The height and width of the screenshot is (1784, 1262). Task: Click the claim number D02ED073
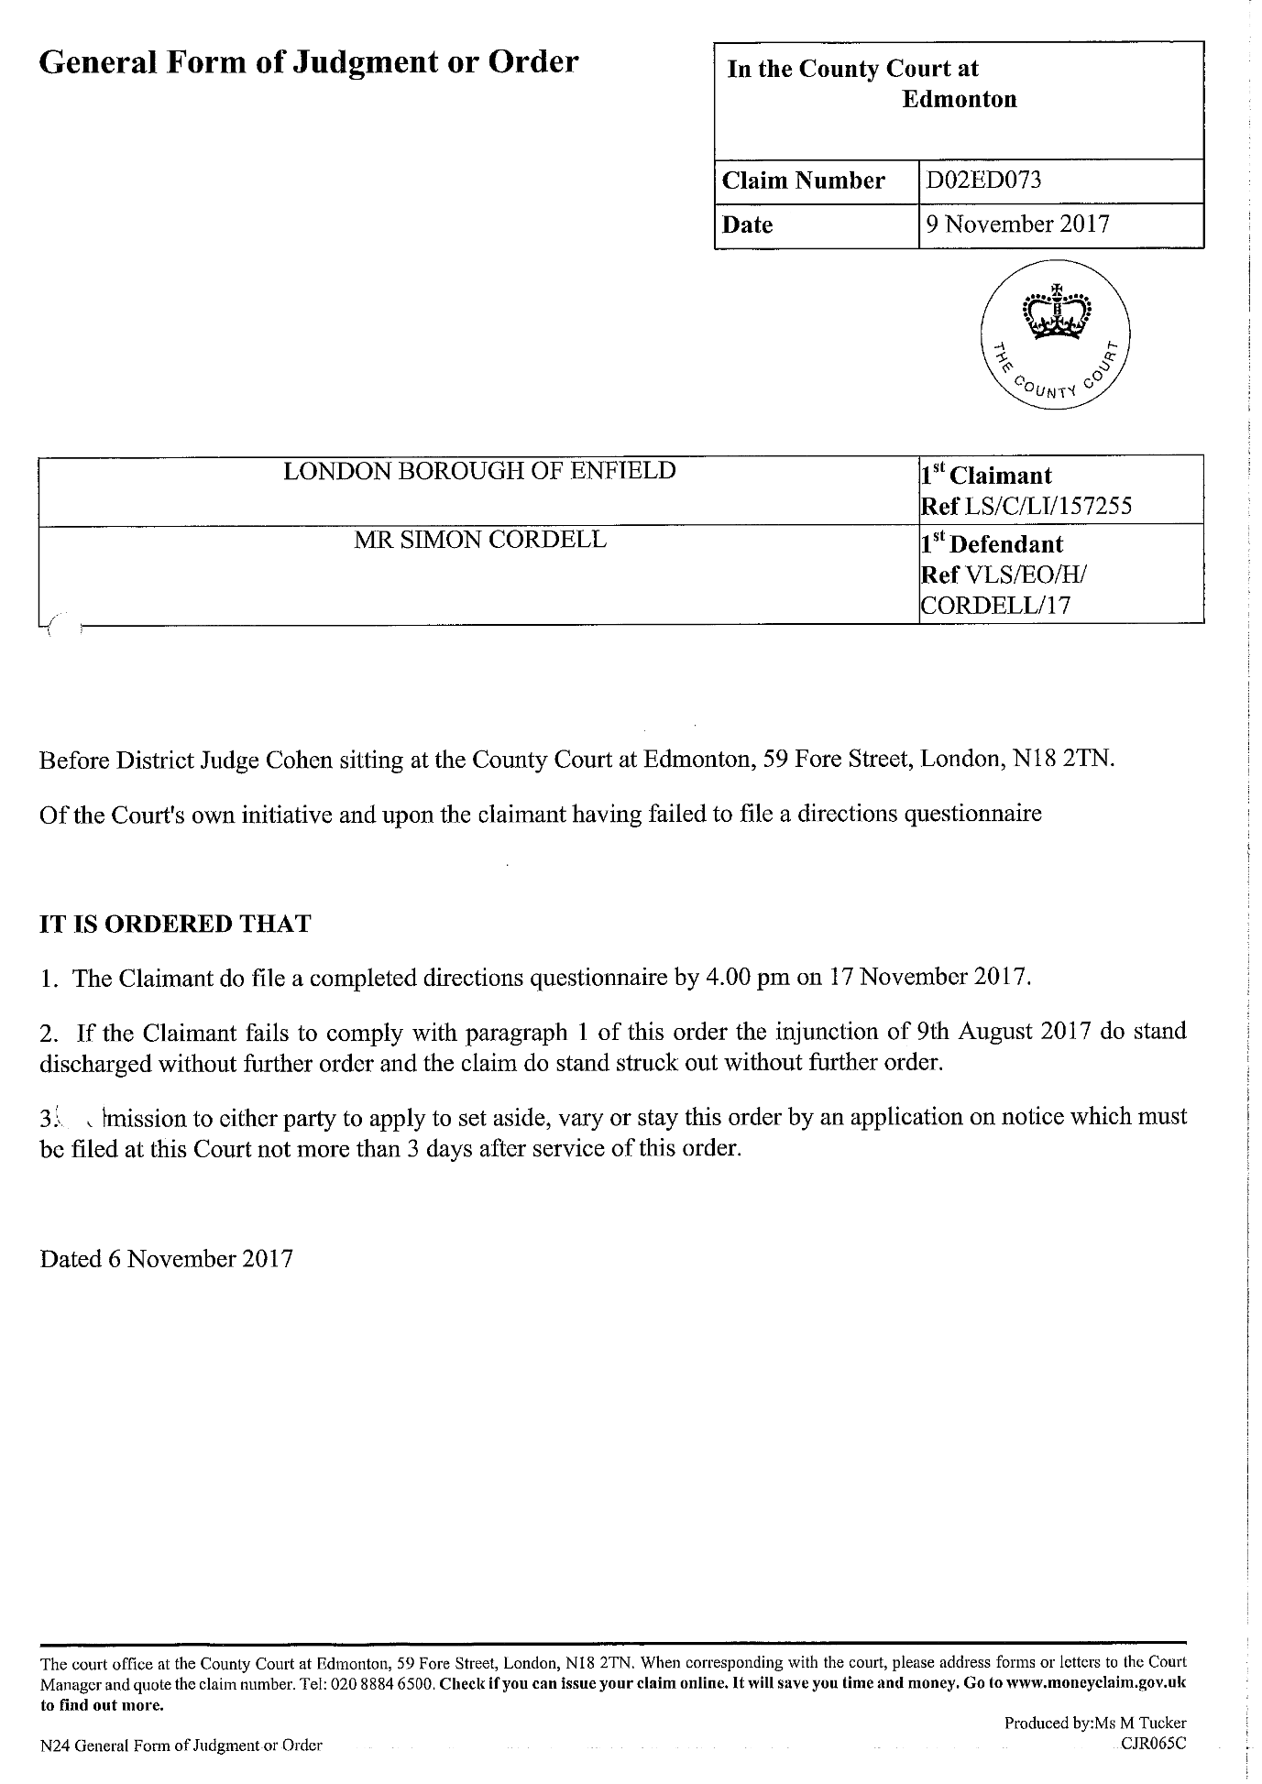pos(983,181)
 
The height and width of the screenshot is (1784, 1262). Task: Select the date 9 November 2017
pos(1017,224)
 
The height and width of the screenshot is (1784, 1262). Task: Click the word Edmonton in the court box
pos(959,99)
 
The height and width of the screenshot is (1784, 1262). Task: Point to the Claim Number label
pos(804,181)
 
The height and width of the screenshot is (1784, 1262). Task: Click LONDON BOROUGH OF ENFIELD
pos(479,471)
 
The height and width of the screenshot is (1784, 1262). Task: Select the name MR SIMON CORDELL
pos(479,540)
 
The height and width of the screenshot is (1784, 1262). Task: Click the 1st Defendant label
pos(993,544)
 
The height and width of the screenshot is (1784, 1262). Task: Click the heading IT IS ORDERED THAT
pos(175,924)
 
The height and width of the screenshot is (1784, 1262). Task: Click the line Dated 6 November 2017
pos(166,1258)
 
